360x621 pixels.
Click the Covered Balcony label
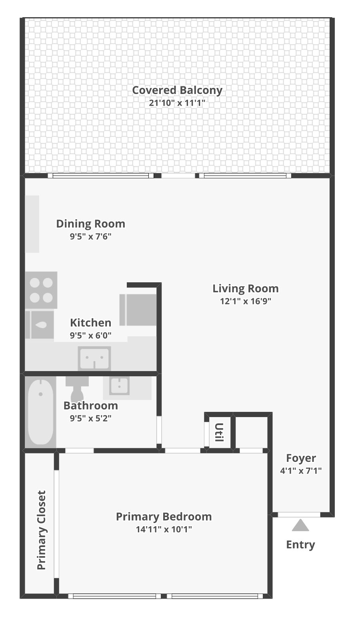tap(177, 90)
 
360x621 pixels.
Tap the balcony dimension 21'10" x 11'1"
tap(177, 103)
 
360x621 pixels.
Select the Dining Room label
tap(90, 224)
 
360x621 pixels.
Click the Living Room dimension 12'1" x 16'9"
tap(246, 301)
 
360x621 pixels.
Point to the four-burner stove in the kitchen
tap(41, 290)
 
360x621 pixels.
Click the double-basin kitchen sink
tap(94, 358)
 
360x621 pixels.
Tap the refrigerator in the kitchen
tap(138, 310)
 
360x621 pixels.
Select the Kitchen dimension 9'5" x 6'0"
tap(90, 335)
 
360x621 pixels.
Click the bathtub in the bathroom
tap(41, 412)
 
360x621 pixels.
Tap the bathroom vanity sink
tap(119, 385)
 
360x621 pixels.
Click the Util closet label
tap(219, 432)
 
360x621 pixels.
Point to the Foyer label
tap(301, 458)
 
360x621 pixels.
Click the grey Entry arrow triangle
tap(300, 526)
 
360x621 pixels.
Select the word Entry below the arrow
tap(300, 545)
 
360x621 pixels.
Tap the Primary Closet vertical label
tap(41, 530)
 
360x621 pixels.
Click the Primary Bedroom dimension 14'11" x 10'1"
tap(164, 529)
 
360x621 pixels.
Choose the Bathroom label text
tap(91, 405)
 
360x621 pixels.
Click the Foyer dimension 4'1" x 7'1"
tap(301, 471)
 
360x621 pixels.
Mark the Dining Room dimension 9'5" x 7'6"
tap(90, 236)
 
